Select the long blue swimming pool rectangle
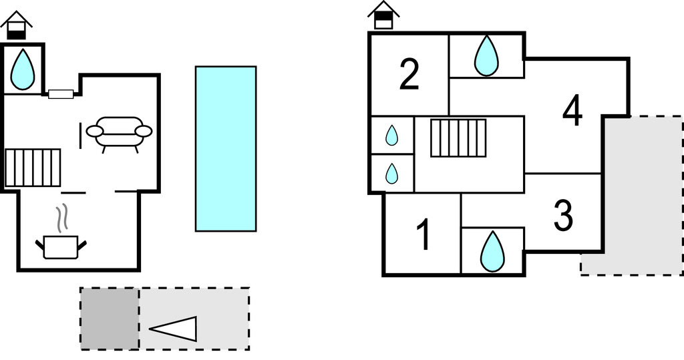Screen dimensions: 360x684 pos(226,148)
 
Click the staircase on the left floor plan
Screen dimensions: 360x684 pos(33,167)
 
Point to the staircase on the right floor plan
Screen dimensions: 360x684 pos(458,138)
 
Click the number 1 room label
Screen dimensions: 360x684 pos(423,235)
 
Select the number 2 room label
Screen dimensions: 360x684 pos(409,74)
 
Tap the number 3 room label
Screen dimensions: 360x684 pos(564,215)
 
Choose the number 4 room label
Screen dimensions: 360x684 pos(572,111)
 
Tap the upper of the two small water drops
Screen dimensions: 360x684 pos(392,136)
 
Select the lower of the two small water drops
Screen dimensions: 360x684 pos(392,174)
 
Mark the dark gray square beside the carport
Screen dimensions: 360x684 pos(110,319)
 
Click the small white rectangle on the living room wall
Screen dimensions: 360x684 pos(61,94)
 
